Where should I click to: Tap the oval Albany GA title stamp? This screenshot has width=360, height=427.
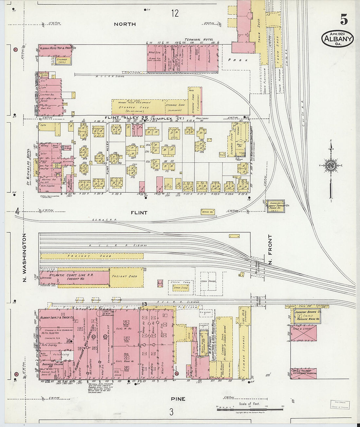click(337, 39)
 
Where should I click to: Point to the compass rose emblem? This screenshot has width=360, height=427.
click(331, 165)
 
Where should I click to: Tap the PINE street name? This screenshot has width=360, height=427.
click(178, 399)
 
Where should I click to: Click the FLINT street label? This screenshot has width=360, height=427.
click(139, 213)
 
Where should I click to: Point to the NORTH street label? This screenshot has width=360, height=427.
click(125, 24)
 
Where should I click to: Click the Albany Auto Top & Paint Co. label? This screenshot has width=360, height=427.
click(58, 48)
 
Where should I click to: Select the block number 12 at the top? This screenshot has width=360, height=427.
click(175, 13)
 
